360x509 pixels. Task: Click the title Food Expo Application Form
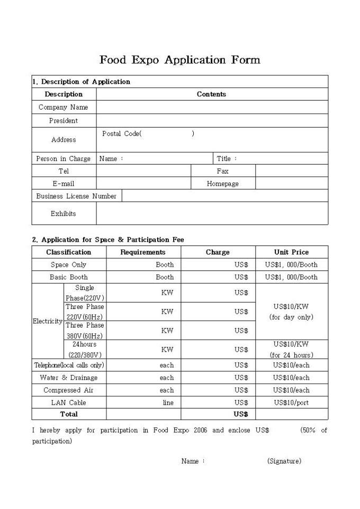pyautogui.click(x=179, y=60)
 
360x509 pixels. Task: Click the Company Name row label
pyautogui.click(x=64, y=107)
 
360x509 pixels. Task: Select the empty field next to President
pyautogui.click(x=212, y=121)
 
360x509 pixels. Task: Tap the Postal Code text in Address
pyautogui.click(x=122, y=134)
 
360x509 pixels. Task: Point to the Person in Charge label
pyautogui.click(x=64, y=159)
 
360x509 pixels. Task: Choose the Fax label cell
pyautogui.click(x=223, y=171)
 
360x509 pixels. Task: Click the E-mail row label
pyautogui.click(x=64, y=184)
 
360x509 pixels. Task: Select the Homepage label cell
pyautogui.click(x=223, y=184)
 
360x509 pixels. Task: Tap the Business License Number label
pyautogui.click(x=76, y=196)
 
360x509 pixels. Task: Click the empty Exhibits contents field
pyautogui.click(x=212, y=214)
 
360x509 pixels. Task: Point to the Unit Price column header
pyautogui.click(x=291, y=252)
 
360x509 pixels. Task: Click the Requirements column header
pyautogui.click(x=143, y=252)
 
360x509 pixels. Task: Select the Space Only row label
pyautogui.click(x=68, y=265)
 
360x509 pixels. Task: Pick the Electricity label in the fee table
pyautogui.click(x=47, y=321)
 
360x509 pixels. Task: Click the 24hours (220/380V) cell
pyautogui.click(x=85, y=350)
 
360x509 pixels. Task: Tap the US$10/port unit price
pyautogui.click(x=291, y=403)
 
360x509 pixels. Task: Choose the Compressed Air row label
pyautogui.click(x=68, y=390)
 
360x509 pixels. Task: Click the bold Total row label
pyautogui.click(x=68, y=414)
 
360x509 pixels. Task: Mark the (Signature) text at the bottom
pyautogui.click(x=284, y=461)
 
